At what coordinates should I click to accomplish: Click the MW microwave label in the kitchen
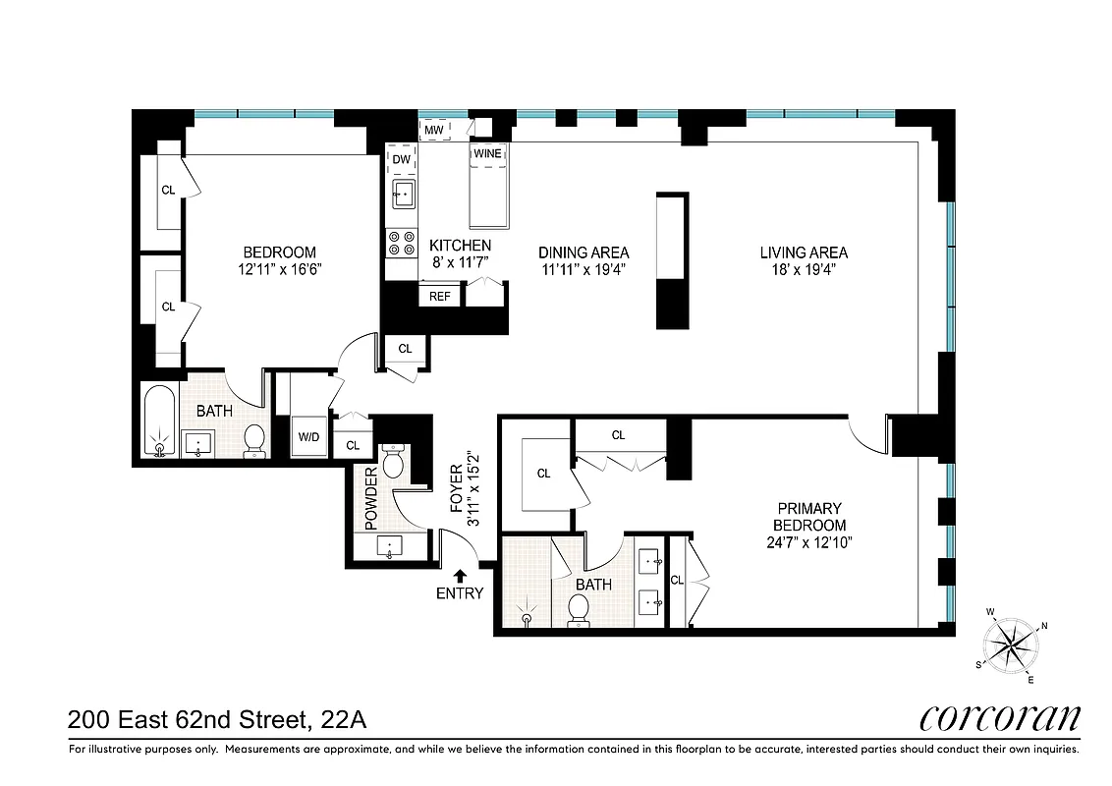point(434,129)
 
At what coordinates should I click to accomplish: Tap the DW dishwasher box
point(402,159)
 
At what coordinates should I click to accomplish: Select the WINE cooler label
point(487,154)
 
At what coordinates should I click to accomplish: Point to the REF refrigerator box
point(439,296)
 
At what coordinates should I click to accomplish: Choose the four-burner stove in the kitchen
point(401,243)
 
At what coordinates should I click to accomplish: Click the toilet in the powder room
point(393,460)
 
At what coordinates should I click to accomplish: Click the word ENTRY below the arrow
point(460,592)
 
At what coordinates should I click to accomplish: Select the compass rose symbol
point(1012,646)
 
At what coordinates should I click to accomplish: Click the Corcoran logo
point(999,718)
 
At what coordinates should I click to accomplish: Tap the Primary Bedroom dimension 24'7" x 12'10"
point(809,542)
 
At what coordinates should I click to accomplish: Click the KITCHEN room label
point(461,245)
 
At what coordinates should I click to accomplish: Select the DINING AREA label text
point(584,253)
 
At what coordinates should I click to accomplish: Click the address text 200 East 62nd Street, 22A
point(217,720)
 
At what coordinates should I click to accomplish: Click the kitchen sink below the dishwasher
point(402,193)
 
